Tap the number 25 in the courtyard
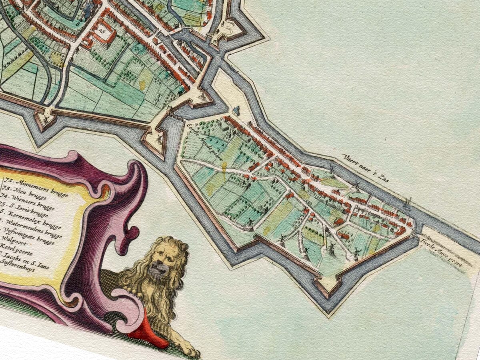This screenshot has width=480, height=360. tap(103, 32)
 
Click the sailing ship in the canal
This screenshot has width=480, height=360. tap(408, 204)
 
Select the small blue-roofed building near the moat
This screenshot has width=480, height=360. tap(236, 111)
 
